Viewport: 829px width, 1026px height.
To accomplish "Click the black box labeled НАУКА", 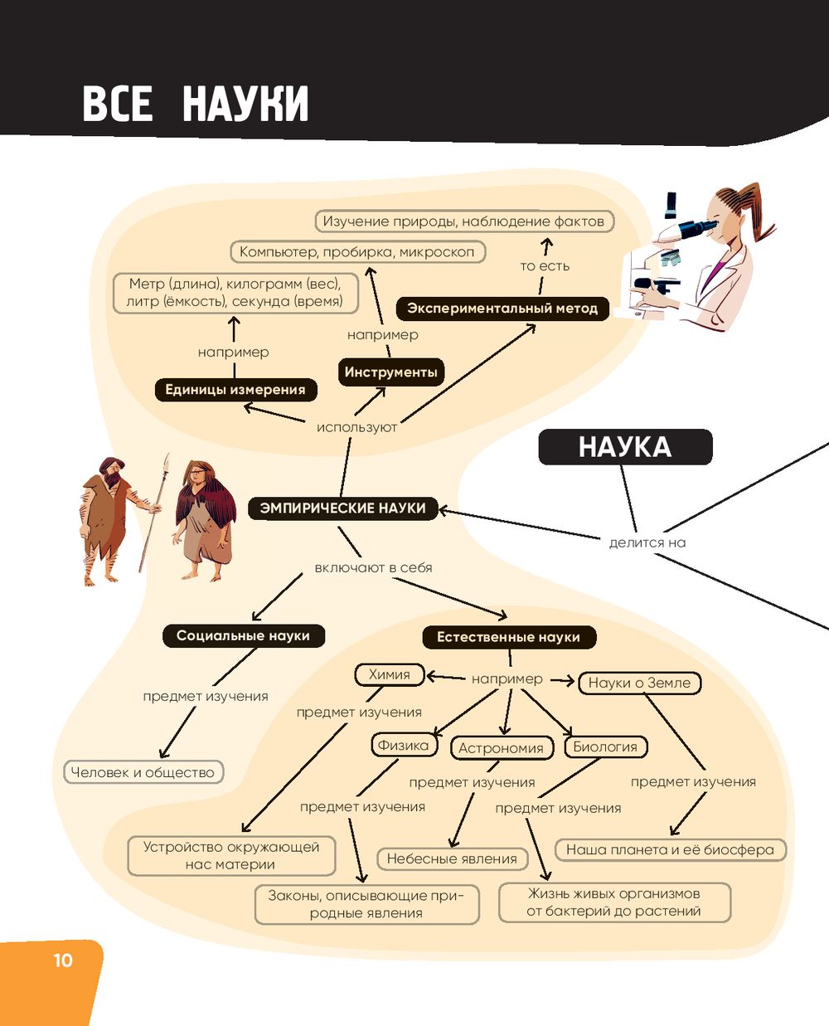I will pos(625,447).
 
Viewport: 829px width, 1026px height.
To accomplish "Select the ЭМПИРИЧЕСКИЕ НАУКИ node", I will pos(342,508).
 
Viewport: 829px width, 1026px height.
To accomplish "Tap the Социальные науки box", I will pos(243,636).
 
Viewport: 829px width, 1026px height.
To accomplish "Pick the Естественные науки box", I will pos(508,637).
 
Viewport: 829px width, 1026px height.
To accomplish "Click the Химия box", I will pos(389,675).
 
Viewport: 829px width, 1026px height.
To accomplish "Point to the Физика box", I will pos(403,745).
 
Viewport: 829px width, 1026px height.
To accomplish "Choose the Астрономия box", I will pos(501,748).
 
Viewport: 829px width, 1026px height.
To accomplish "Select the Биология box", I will pos(605,746).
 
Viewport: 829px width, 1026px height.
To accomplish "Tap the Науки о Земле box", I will pos(639,683).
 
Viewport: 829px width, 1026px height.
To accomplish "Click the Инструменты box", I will pos(390,372).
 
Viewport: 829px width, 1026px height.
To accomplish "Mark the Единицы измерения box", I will pos(235,390).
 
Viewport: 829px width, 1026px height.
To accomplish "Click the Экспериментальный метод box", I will pos(502,309).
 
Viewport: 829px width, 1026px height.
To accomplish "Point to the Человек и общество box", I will pos(143,772).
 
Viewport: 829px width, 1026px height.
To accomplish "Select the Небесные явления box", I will pos(452,859).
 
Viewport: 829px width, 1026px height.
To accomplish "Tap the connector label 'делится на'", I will pos(647,542).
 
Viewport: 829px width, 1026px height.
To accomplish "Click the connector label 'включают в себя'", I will pos(373,568).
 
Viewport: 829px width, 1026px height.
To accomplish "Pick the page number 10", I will pos(63,960).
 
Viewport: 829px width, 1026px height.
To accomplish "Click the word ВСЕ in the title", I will pos(118,105).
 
